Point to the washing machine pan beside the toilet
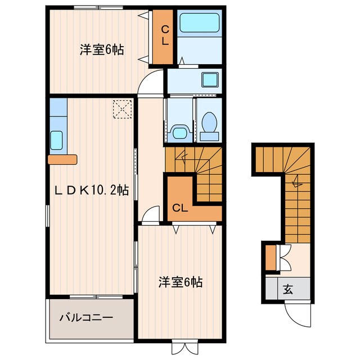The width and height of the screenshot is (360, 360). point(179,133)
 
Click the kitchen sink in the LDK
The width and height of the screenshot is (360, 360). point(56,139)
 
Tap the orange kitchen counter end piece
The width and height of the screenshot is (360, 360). point(62,160)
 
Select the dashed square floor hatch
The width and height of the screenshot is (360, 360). point(121,109)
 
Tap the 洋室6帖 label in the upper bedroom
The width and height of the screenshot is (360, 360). point(101,49)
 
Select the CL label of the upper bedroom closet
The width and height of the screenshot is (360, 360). point(165,35)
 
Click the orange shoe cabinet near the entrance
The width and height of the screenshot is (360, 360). point(271,257)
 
